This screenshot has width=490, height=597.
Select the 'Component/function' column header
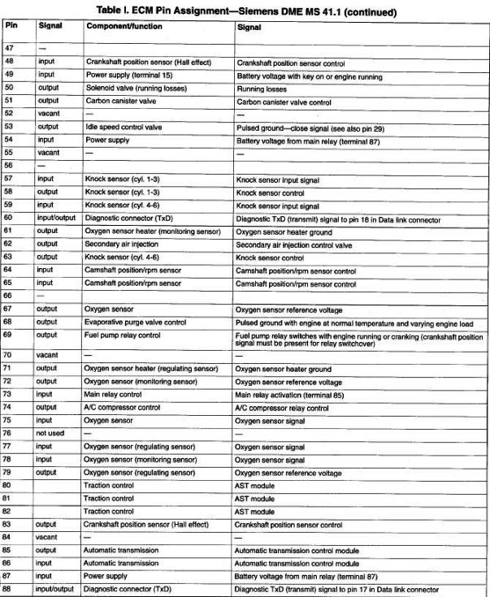click(123, 27)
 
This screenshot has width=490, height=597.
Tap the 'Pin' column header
click(11, 26)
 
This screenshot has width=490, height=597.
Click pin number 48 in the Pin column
click(9, 62)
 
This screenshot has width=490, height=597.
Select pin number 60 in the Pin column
click(9, 218)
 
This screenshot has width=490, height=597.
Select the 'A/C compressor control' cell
click(123, 407)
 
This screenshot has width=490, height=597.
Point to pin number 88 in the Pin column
click(9, 589)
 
